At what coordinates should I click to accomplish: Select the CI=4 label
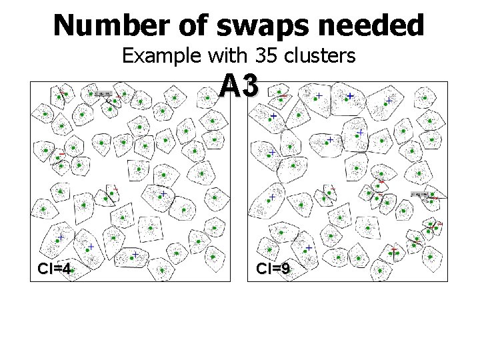click(54, 269)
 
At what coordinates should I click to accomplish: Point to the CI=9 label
click(273, 269)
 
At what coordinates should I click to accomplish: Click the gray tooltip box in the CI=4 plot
click(103, 94)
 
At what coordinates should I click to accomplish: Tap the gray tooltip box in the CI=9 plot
click(421, 194)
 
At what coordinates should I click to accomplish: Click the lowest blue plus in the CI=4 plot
click(134, 255)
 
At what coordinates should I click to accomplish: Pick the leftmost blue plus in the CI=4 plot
click(60, 237)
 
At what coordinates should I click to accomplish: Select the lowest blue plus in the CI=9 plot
click(309, 247)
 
